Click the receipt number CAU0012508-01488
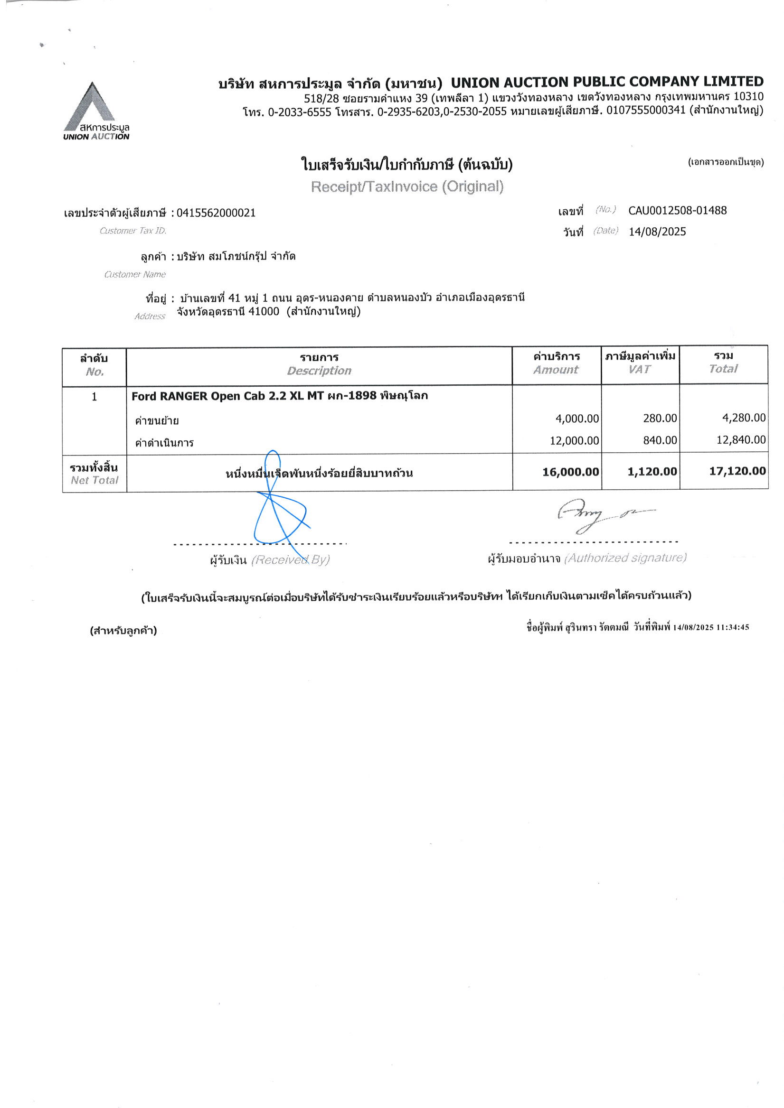click(677, 210)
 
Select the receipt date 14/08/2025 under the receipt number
click(657, 232)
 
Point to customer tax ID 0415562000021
click(216, 213)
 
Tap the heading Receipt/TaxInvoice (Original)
click(407, 186)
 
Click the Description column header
click(319, 370)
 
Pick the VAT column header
click(640, 369)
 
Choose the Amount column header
click(556, 369)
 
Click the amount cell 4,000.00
click(577, 419)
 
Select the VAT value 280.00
click(660, 418)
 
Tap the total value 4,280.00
click(744, 418)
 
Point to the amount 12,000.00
click(575, 440)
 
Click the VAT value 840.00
click(660, 439)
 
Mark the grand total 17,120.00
click(737, 471)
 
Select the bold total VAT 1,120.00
click(652, 472)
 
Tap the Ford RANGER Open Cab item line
click(280, 396)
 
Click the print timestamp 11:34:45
click(733, 627)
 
